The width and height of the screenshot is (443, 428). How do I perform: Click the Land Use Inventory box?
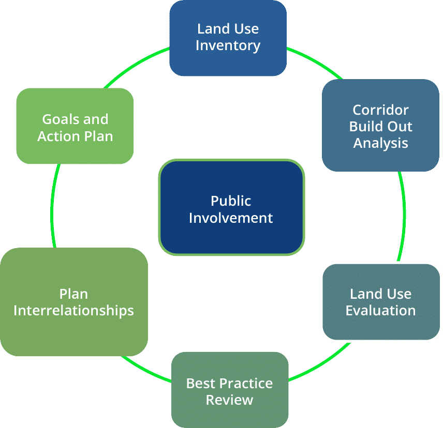(228, 38)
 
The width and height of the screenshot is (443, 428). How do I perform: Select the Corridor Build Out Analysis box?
(380, 126)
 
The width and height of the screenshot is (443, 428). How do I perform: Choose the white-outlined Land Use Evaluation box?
(380, 302)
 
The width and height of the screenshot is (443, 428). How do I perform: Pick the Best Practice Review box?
(229, 390)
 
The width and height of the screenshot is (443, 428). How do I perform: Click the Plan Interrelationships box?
(74, 302)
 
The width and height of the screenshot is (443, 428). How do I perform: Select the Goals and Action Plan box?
(75, 127)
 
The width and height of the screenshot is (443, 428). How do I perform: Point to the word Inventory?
(228, 46)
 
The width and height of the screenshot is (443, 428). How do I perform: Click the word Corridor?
(380, 110)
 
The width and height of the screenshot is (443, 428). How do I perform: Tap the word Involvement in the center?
(231, 218)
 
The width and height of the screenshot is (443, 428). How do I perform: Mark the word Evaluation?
(380, 311)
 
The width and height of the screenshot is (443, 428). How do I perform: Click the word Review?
(229, 400)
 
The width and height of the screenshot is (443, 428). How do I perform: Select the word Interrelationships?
(74, 311)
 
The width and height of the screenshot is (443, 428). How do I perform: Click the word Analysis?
(380, 143)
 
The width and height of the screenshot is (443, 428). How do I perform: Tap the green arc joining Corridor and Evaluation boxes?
(403, 217)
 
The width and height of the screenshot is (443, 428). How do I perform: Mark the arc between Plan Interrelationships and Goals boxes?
(53, 207)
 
